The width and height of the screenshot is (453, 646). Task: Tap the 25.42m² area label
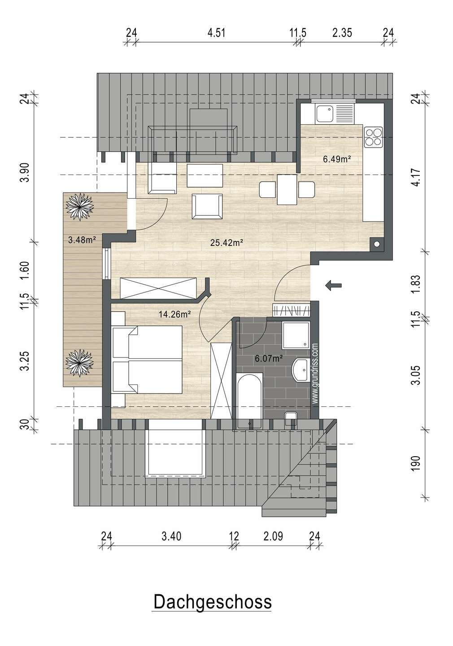click(226, 243)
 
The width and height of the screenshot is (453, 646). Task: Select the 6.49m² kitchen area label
click(337, 159)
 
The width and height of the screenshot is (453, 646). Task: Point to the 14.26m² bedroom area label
click(175, 314)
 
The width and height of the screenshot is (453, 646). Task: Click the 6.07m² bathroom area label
click(269, 358)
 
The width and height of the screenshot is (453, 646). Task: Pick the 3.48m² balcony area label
click(82, 240)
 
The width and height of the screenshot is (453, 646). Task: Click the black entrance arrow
click(333, 285)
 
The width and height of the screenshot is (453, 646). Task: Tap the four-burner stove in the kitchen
click(373, 137)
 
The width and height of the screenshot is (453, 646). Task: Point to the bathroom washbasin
click(301, 370)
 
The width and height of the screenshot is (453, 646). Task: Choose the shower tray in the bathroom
click(296, 336)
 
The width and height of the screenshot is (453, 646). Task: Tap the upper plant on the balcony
click(79, 207)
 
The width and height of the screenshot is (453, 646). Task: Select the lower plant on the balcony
click(79, 363)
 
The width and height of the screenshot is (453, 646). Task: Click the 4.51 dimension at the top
click(216, 33)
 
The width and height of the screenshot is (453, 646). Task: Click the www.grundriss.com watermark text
click(315, 373)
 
